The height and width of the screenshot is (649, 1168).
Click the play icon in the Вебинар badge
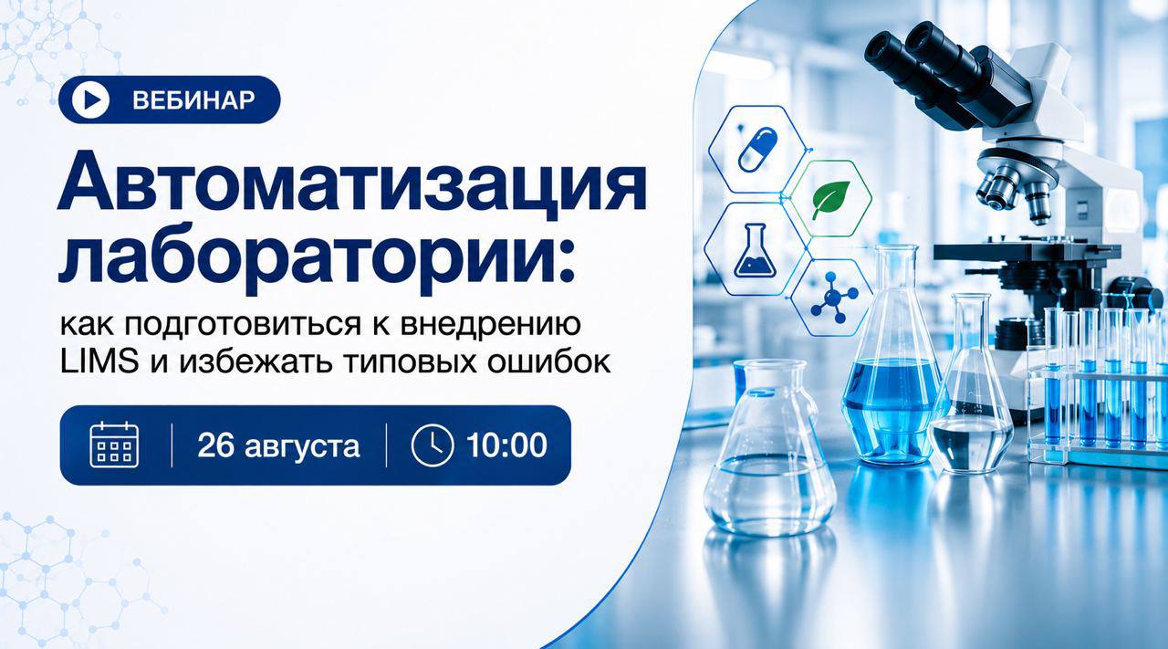tap(90, 99)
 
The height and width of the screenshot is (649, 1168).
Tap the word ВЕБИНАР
tap(193, 100)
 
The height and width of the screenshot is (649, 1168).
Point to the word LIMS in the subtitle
tap(99, 361)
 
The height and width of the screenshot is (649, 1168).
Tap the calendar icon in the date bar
tap(114, 445)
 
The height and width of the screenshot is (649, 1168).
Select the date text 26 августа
tap(278, 445)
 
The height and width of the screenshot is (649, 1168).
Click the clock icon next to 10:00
tap(433, 445)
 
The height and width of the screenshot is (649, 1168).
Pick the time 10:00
tap(506, 445)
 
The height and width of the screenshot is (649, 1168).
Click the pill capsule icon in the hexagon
tap(758, 150)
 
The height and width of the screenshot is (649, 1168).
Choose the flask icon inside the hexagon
tap(755, 250)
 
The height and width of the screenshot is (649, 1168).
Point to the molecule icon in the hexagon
tap(834, 298)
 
